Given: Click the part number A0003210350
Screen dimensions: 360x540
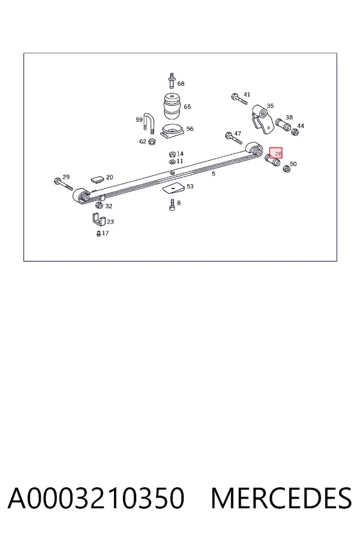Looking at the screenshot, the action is [96, 498].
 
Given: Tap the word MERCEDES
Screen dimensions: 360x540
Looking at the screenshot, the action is [281, 498].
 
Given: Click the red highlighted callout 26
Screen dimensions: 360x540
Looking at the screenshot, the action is [275, 154].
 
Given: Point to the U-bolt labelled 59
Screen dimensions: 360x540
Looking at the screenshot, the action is [148, 123].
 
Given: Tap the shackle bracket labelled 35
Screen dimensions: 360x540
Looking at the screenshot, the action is [262, 119].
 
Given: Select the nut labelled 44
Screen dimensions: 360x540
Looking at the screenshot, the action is [295, 132].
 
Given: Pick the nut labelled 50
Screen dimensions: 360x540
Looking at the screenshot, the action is [286, 169].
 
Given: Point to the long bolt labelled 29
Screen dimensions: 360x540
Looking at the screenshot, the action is [64, 184].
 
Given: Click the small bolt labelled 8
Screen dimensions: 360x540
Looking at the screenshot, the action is [172, 205].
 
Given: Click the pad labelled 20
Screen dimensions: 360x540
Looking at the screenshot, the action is [97, 179].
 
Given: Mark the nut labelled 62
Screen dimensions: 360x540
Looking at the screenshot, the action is [151, 142].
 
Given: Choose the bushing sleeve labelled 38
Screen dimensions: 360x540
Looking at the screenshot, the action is [283, 124].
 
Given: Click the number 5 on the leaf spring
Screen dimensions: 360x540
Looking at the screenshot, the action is [214, 173].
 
